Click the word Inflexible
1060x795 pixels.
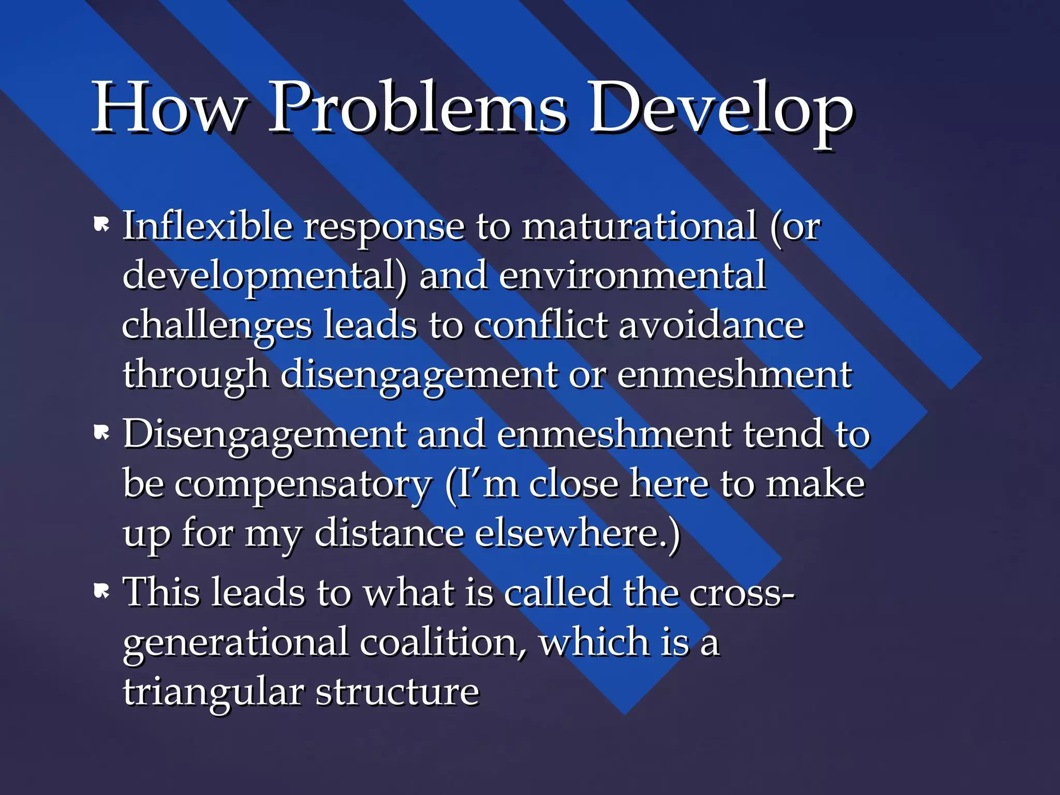pyautogui.click(x=207, y=226)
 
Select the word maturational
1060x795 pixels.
pyautogui.click(x=640, y=226)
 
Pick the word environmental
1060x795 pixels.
pyautogui.click(x=632, y=275)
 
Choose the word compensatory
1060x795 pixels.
pyautogui.click(x=303, y=484)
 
